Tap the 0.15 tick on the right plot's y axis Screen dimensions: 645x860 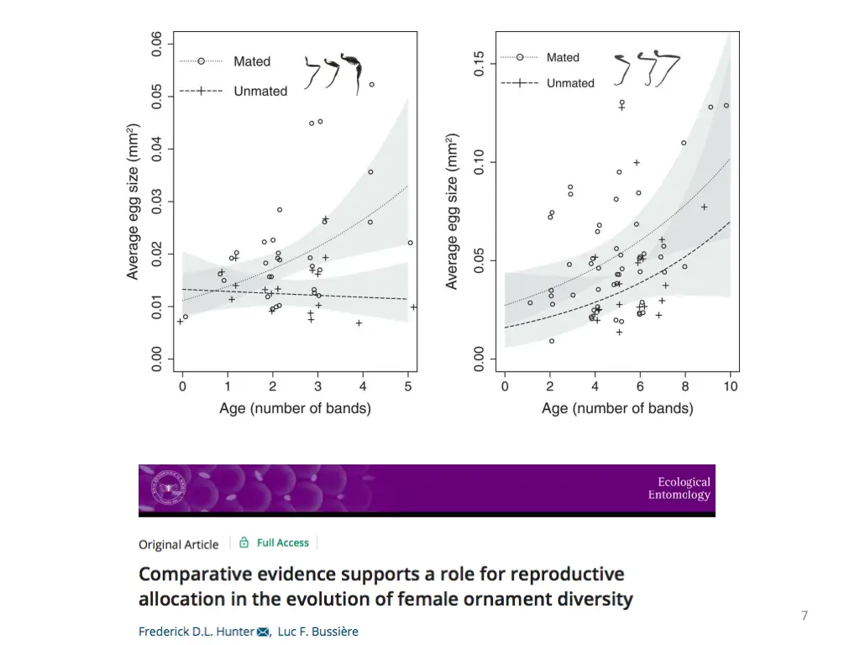(479, 64)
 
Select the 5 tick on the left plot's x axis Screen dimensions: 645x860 (408, 386)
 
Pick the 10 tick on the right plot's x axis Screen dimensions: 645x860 (730, 386)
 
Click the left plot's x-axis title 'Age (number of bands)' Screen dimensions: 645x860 (295, 409)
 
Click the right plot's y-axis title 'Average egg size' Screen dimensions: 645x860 (453, 211)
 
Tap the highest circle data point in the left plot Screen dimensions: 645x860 (371, 85)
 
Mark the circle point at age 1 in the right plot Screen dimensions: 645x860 (530, 303)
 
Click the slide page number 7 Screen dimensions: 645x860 (805, 616)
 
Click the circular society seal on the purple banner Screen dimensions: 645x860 (169, 489)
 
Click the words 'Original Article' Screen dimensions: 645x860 (179, 544)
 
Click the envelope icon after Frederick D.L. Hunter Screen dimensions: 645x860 (262, 631)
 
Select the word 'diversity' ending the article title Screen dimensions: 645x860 (594, 600)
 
